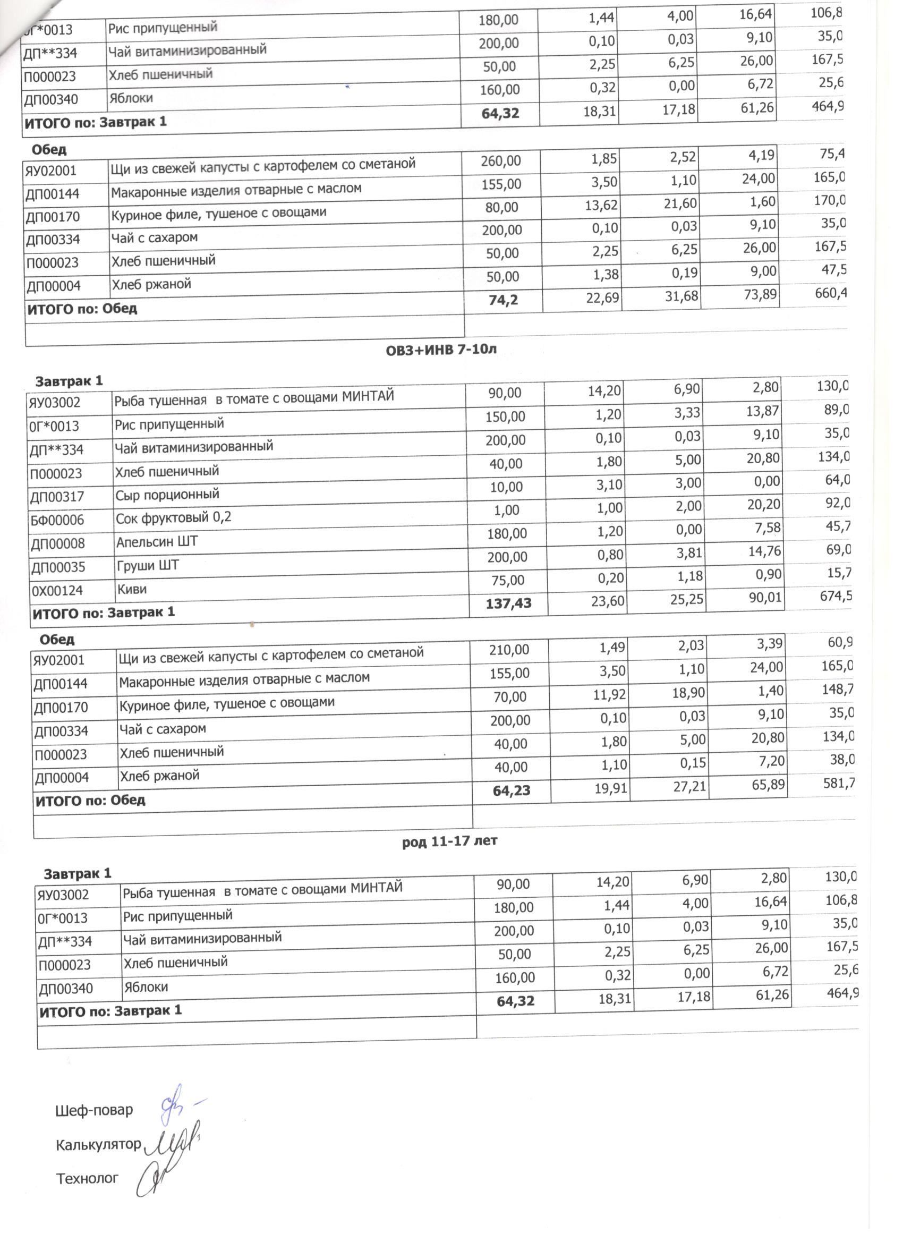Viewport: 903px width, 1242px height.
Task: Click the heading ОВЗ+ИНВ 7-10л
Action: click(441, 350)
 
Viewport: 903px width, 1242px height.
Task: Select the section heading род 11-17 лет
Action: click(449, 840)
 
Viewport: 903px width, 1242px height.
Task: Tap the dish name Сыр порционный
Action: click(167, 495)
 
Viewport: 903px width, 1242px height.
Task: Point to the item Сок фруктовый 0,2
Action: click(173, 518)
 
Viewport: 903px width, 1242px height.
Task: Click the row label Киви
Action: click(132, 589)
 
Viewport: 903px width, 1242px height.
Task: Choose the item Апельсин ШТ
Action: click(157, 542)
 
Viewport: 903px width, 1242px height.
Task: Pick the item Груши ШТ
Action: click(147, 565)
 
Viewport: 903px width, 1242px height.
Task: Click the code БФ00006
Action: click(57, 520)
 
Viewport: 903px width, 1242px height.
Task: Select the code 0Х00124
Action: click(58, 591)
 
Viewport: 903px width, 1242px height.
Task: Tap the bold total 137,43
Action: click(508, 603)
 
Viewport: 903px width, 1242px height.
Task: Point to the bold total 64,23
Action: click(512, 790)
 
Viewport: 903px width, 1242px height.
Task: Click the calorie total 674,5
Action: click(836, 596)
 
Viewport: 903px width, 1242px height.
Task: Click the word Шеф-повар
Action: click(93, 1111)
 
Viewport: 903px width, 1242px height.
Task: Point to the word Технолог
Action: click(87, 1178)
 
